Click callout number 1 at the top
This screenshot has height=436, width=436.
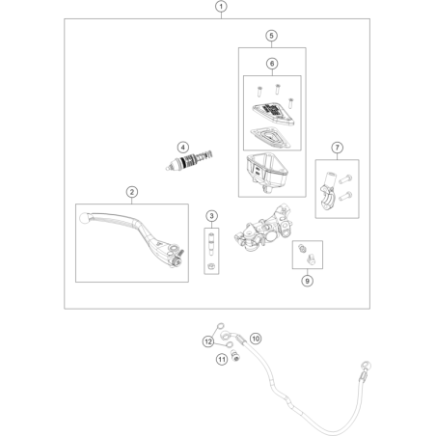point(221,7)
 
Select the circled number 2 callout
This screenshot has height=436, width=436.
point(132,192)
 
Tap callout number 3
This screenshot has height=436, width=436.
point(211,216)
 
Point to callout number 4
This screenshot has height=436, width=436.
point(183,148)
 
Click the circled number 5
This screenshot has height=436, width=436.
point(271,36)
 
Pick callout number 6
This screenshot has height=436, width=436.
point(272,64)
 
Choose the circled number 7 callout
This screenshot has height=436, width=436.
point(338,148)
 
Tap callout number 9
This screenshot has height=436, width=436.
point(308,281)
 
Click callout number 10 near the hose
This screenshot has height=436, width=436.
point(256,339)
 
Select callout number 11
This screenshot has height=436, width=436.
point(222,359)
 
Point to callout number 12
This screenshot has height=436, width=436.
point(208,341)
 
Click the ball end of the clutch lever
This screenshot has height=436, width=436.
point(84,218)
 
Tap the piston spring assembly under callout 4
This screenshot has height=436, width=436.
point(189,160)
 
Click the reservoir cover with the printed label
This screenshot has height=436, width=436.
point(273,114)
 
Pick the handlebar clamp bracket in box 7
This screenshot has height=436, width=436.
point(328,190)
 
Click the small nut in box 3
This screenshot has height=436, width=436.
point(211,266)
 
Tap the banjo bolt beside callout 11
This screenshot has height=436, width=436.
point(236,356)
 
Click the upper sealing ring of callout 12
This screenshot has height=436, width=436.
point(221,326)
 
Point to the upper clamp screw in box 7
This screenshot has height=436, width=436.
point(345,178)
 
